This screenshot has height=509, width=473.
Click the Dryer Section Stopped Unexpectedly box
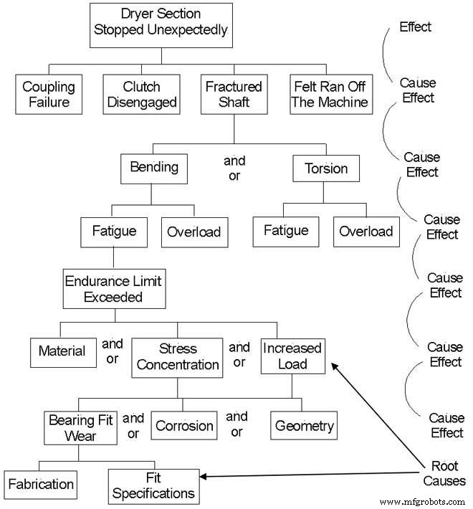[x=161, y=22]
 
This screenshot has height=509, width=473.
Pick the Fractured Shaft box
[x=234, y=95]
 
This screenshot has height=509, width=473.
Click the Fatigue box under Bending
[x=115, y=232]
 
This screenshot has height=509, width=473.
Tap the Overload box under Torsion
[x=366, y=231]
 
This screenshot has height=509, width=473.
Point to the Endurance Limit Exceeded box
[x=113, y=288]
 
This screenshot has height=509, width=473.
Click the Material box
[x=62, y=351]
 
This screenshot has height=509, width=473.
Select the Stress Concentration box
[x=178, y=356]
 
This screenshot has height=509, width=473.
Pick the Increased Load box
[x=292, y=356]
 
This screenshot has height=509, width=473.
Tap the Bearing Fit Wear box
[x=80, y=427]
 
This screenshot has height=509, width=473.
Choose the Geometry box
[x=304, y=426]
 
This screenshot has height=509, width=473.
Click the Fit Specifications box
[x=153, y=486]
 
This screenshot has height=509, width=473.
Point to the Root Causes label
[x=444, y=472]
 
